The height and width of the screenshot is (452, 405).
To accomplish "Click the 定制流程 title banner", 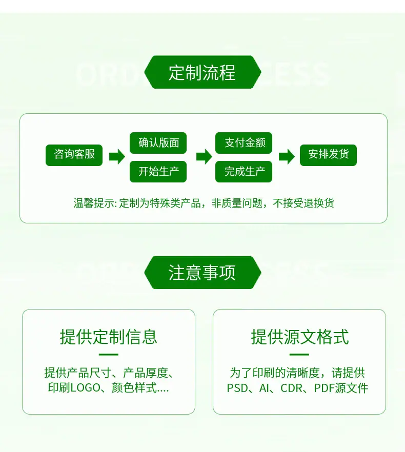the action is (202, 72).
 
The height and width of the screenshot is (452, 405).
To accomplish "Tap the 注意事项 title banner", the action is (202, 273).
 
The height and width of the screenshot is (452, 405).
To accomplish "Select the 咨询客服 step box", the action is (74, 155).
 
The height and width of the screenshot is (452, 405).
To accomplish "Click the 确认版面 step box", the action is (158, 142).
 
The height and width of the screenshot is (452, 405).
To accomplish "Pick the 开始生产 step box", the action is (158, 172).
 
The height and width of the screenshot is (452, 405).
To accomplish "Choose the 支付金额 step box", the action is (244, 142).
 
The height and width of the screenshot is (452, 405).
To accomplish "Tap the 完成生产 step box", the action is (244, 172).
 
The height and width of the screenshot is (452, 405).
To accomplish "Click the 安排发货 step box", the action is (328, 155).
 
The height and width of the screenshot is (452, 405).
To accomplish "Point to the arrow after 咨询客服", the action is (117, 156).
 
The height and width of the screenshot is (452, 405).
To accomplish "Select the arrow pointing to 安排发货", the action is (287, 156).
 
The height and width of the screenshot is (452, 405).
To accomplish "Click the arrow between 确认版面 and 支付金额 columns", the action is (204, 156).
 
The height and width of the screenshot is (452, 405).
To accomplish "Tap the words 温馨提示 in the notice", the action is (94, 203).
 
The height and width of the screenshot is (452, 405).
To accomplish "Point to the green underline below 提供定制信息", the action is (109, 355).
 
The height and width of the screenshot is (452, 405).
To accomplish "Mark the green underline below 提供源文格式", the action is (299, 355).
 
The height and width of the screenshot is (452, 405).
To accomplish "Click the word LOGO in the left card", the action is (86, 388).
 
